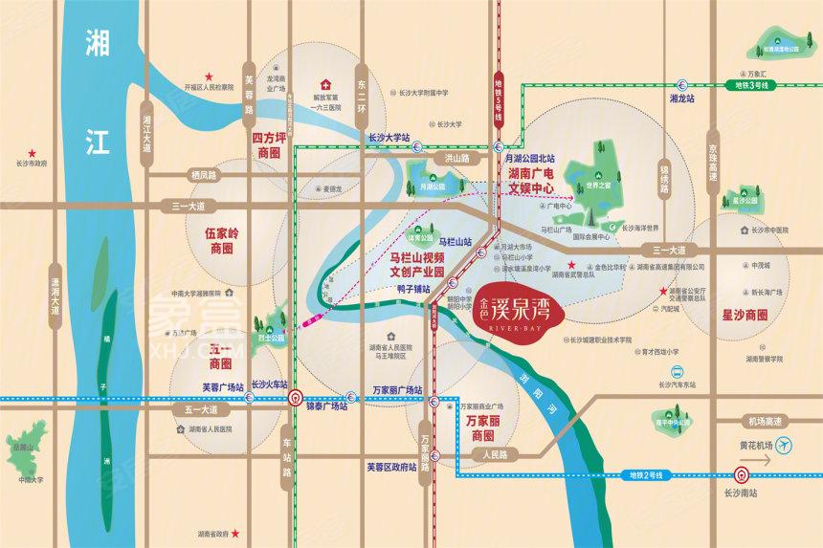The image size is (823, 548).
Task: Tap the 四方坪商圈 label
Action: tap(271, 145)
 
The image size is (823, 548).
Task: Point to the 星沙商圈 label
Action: tap(745, 315)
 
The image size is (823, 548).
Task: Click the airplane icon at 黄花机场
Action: tap(785, 445)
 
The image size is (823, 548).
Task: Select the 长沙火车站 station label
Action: tap(270, 384)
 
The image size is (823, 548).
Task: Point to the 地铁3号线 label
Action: tap(752, 86)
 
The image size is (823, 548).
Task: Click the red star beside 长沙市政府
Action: tap(32, 153)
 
